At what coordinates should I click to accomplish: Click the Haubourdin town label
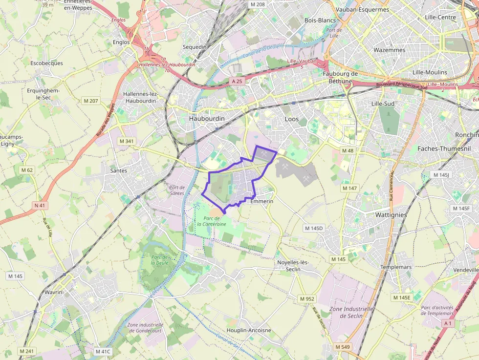207,119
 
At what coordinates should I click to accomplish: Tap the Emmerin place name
261,201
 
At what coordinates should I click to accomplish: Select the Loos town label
291,119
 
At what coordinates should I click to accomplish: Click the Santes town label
119,170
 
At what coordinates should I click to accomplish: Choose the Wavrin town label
53,292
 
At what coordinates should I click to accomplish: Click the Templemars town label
396,267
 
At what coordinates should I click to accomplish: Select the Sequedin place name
195,47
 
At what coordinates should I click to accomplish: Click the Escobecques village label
46,63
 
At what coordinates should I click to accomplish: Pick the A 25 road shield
237,81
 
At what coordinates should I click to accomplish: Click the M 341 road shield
127,141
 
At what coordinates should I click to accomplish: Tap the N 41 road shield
40,206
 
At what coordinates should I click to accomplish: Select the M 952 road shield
307,299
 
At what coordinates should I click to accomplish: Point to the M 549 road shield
343,347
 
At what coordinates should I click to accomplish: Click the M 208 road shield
257,4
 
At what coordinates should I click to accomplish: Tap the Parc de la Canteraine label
211,221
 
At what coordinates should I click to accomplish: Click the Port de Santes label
176,190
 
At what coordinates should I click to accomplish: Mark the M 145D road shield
314,228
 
